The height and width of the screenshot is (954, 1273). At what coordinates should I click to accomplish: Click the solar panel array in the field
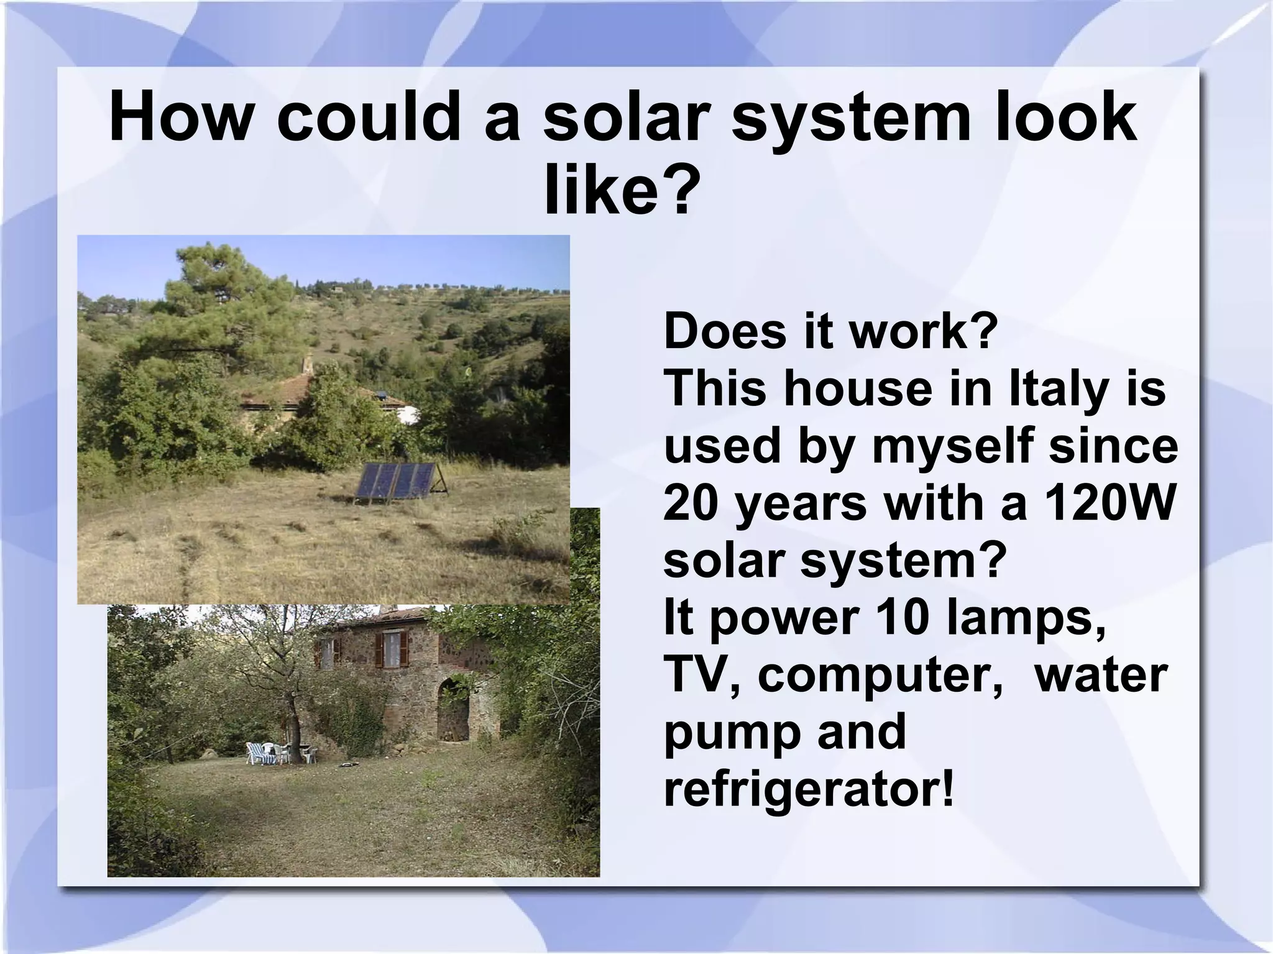396,480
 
